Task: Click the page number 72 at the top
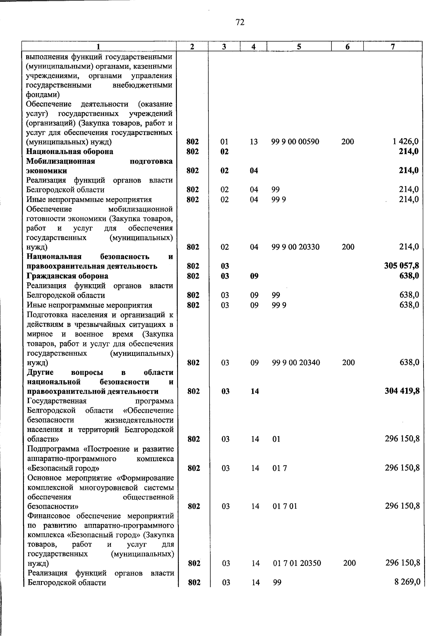coord(240,23)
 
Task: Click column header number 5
coord(299,46)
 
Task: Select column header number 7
coord(393,46)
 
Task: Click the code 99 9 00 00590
coord(295,141)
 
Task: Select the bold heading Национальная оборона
coord(70,151)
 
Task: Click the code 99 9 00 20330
coord(296,247)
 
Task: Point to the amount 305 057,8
coord(402,266)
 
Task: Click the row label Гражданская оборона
coord(67,276)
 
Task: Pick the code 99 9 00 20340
coord(296,363)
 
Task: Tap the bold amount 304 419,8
coord(402,391)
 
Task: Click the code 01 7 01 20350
coord(297,563)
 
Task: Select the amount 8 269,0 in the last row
coord(407,582)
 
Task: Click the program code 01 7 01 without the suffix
coord(285,506)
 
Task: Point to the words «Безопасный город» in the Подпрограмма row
coord(63,468)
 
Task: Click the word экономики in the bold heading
coord(47,171)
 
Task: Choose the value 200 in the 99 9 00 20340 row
coord(348,363)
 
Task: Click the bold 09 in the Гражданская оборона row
coord(254,276)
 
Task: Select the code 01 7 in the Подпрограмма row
coord(280,468)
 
